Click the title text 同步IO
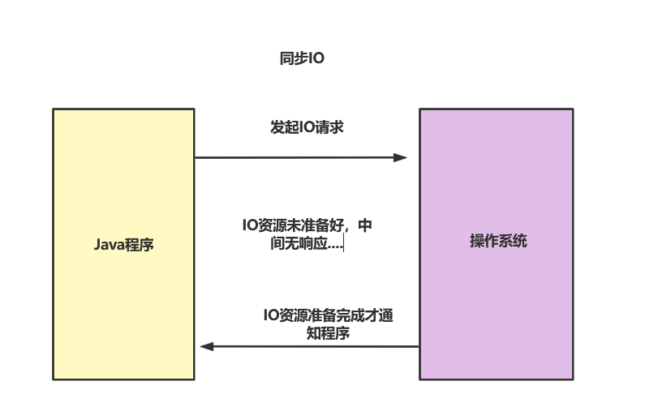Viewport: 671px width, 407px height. pos(301,59)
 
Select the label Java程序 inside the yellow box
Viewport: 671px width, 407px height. pos(123,244)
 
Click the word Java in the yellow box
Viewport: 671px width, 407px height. pos(110,244)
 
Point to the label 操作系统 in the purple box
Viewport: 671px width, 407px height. pos(498,241)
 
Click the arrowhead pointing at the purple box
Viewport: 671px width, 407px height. pos(400,157)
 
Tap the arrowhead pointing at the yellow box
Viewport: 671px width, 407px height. pos(207,346)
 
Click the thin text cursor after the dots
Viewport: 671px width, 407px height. pos(344,243)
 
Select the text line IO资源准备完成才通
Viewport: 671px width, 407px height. pos(329,316)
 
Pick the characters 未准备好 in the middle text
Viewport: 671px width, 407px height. pos(318,225)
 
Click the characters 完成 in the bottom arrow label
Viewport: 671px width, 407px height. pos(347,316)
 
